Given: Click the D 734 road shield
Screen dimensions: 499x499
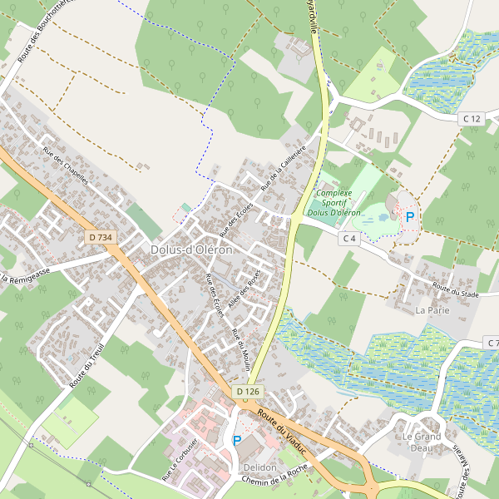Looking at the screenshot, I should [99, 238].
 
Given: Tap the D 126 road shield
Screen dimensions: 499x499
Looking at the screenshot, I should [247, 391].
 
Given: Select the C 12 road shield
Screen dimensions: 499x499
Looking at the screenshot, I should [472, 119].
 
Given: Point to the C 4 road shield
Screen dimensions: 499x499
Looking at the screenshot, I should [349, 239].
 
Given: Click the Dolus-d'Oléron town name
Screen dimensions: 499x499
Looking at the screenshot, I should [191, 249].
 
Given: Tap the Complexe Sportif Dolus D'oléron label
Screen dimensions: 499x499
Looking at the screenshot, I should [333, 202].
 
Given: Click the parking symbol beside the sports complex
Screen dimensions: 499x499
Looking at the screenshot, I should [409, 217].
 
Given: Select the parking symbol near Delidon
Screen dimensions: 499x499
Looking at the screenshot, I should [236, 441].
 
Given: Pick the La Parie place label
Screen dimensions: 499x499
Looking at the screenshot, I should [432, 310].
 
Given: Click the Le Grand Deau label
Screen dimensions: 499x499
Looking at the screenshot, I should [421, 442].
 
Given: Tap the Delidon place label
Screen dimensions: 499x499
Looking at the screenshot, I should [260, 467].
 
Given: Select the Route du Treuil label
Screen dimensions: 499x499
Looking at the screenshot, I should [86, 367].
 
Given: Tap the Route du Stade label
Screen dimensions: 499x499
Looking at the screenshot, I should [457, 291].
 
